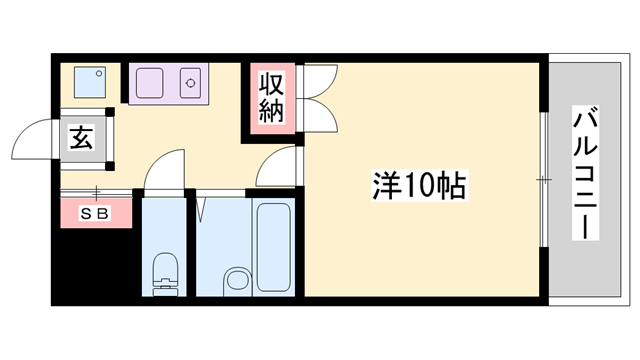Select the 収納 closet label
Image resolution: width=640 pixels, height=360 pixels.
pyautogui.click(x=272, y=97)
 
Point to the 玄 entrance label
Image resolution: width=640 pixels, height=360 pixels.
pyautogui.click(x=81, y=137)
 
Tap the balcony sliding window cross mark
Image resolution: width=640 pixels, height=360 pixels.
pyautogui.click(x=543, y=180)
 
